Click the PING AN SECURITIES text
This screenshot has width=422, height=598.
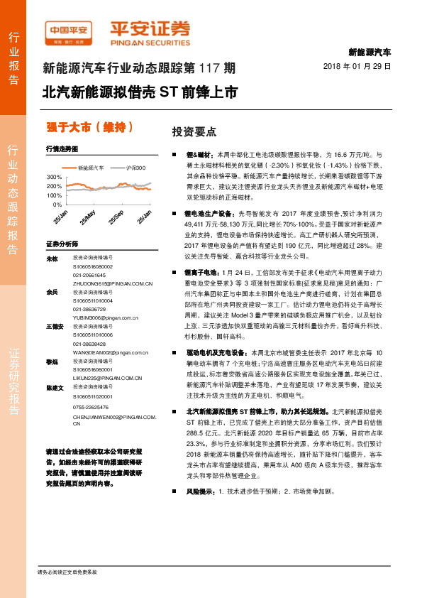pos(150,40)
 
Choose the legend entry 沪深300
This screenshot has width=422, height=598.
pos(132,168)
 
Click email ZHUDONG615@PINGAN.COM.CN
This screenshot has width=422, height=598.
pos(113,282)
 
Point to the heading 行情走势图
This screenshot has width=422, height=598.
pos(62,149)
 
